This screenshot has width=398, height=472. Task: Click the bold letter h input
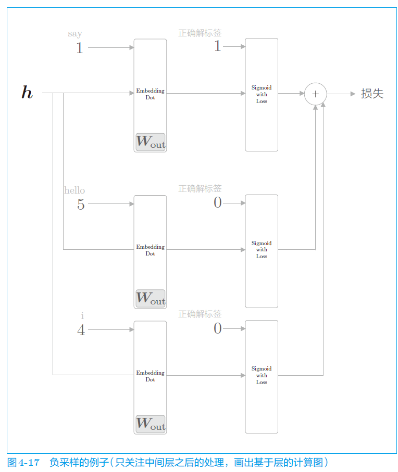(27, 93)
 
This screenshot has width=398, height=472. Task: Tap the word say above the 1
(75, 34)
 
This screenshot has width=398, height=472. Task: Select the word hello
(74, 190)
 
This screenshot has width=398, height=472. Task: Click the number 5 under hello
(81, 205)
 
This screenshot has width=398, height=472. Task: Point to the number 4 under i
(81, 330)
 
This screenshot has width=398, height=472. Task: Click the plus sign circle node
(315, 94)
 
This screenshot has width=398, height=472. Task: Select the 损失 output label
(372, 94)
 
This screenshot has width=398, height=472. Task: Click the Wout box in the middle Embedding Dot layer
(150, 298)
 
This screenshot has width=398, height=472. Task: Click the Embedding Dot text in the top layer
(150, 94)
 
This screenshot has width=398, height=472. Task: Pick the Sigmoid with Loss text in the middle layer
(262, 250)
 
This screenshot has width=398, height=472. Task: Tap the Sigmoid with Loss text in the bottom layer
(262, 375)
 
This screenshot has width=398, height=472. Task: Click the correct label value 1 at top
(218, 46)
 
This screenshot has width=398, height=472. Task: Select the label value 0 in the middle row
(218, 203)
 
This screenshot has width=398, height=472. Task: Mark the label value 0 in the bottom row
(218, 328)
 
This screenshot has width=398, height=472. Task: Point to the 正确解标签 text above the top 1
(200, 33)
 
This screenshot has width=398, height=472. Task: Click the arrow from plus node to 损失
(342, 94)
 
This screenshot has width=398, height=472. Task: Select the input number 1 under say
(80, 48)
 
